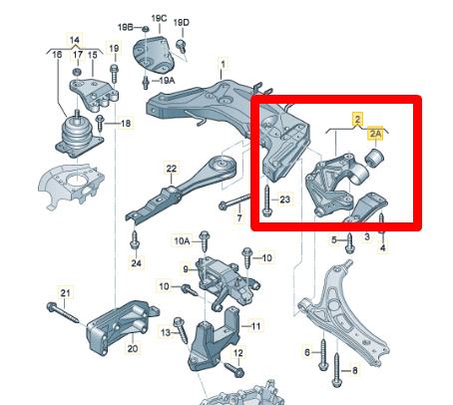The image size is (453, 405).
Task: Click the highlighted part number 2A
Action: [x=375, y=134]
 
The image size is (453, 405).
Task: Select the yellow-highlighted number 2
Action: [x=357, y=119]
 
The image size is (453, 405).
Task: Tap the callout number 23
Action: [x=285, y=200]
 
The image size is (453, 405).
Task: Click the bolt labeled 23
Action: [x=267, y=201]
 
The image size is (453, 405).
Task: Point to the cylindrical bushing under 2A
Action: [x=375, y=158]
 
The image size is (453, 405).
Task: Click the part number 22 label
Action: [x=172, y=169]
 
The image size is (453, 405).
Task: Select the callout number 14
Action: [x=75, y=40]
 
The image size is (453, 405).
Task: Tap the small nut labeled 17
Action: [x=77, y=72]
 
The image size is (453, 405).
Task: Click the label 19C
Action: [x=159, y=19]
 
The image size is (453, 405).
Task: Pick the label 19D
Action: [x=182, y=23]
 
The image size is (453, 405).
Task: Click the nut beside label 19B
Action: [x=146, y=29]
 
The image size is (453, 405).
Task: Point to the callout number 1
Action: [x=223, y=64]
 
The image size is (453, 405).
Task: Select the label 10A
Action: [x=182, y=240]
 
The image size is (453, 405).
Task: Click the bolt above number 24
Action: [x=135, y=239]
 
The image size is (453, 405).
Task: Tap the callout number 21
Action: [x=65, y=293]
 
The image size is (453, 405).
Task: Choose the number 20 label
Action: [x=133, y=348]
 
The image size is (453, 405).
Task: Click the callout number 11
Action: [x=255, y=326]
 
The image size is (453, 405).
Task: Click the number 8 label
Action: [x=354, y=370]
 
